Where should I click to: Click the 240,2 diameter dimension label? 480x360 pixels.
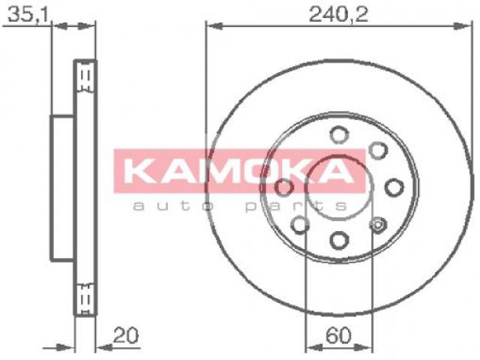(338, 15)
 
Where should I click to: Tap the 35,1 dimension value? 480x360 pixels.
(28, 15)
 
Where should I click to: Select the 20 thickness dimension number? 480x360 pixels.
(126, 335)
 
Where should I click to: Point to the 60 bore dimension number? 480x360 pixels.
(338, 335)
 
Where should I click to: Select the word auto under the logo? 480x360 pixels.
(173, 206)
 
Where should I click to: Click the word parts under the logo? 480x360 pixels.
(297, 207)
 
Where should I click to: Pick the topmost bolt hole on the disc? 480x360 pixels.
(339, 135)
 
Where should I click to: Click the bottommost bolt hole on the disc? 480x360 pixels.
(340, 240)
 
